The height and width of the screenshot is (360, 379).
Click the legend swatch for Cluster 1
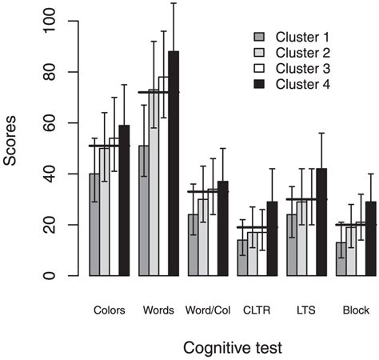257,37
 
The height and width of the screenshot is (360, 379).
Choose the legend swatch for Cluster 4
257,83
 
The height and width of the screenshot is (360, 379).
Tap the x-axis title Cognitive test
232,348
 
